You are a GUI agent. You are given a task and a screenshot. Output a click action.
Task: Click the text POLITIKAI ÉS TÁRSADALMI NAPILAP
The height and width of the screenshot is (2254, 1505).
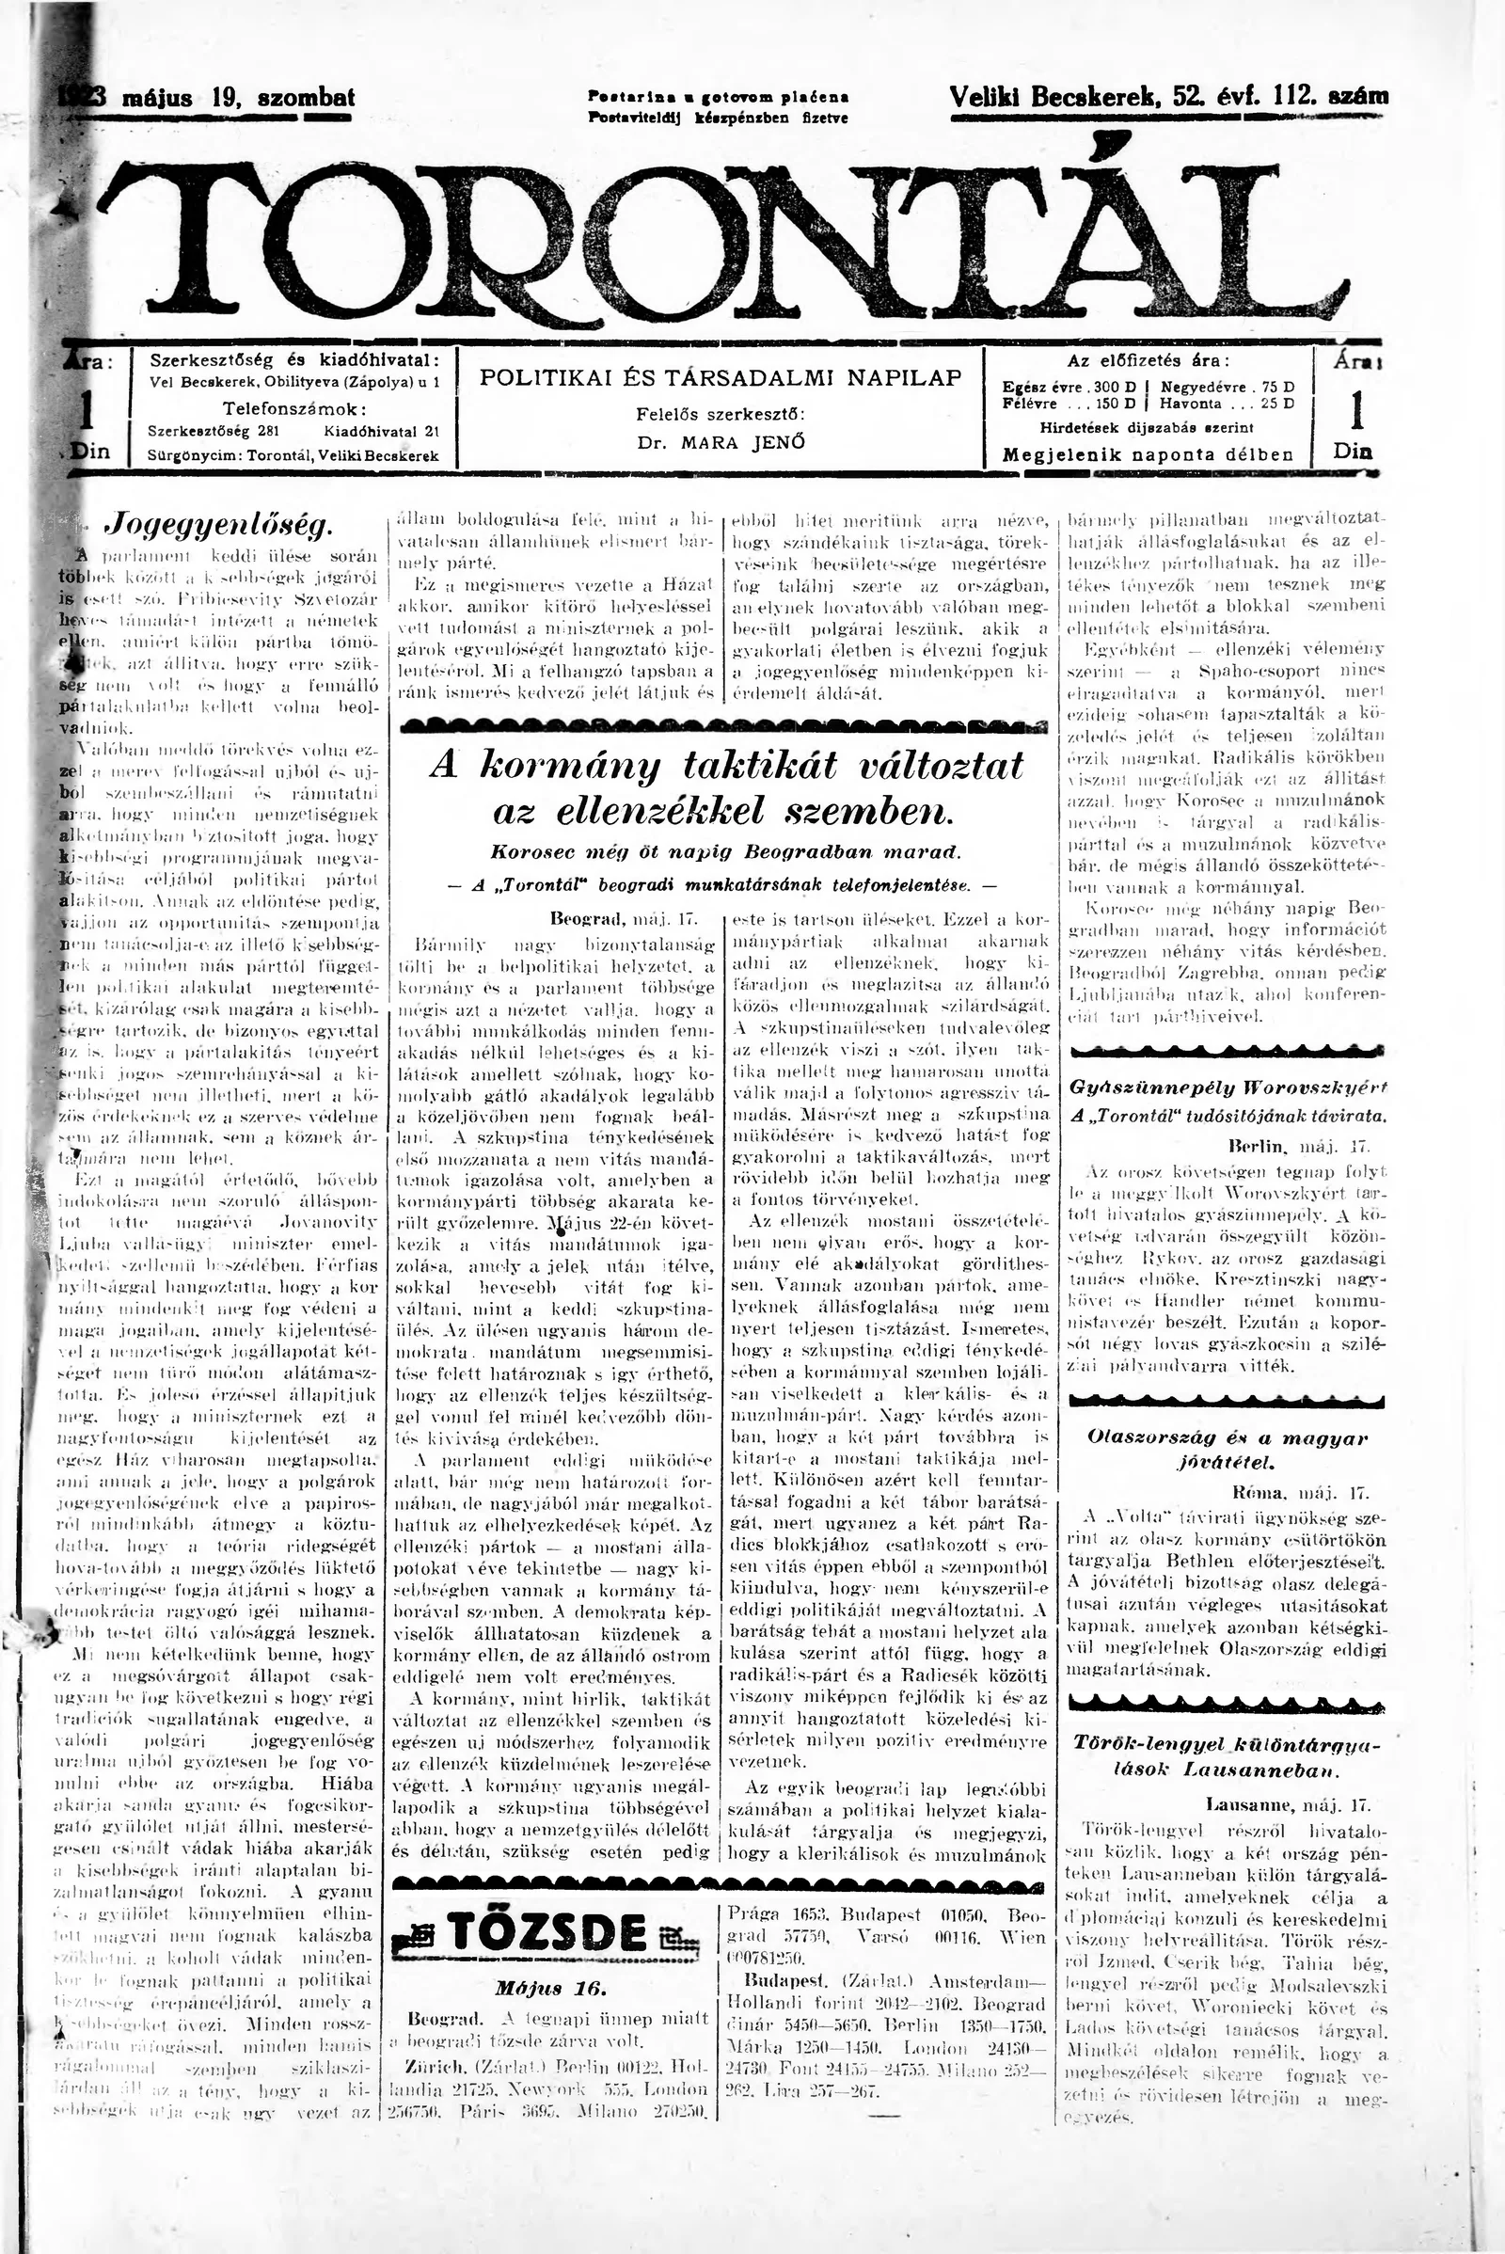(720, 377)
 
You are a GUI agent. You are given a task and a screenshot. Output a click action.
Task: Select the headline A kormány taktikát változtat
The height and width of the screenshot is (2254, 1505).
(725, 765)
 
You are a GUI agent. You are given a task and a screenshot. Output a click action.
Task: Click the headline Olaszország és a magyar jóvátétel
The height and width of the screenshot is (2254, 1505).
(1227, 1450)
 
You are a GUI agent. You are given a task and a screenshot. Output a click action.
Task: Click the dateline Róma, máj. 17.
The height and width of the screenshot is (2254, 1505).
(1300, 1493)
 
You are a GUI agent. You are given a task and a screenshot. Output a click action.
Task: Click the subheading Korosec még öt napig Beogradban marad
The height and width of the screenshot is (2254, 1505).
(725, 850)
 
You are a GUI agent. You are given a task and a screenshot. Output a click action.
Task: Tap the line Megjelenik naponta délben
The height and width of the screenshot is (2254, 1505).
(1148, 454)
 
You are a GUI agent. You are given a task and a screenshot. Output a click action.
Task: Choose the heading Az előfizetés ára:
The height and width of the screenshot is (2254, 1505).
(1148, 361)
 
